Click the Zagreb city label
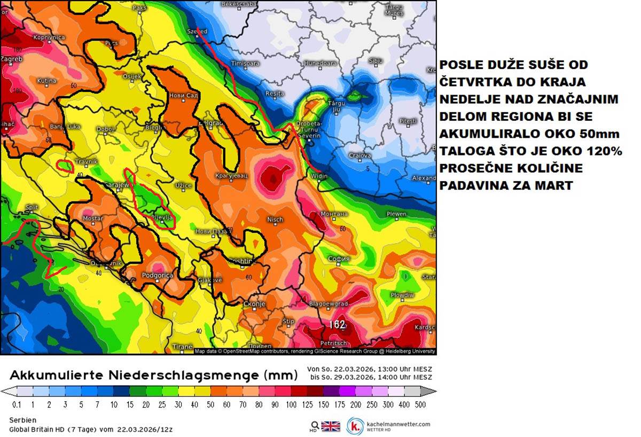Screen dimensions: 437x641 coord(11,59)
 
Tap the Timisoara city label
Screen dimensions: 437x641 coord(245,63)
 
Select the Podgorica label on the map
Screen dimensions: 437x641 coord(158,275)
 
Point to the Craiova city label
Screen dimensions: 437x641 coord(360,155)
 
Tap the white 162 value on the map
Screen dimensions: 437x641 coord(337,324)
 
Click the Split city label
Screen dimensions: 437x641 coord(32,207)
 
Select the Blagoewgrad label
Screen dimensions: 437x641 coord(329,304)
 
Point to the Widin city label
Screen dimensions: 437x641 coord(319,176)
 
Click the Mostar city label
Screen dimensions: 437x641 coord(93,219)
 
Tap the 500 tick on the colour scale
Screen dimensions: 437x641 coord(420,404)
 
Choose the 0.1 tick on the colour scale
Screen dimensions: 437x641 coord(16,404)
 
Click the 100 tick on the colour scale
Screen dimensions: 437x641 coord(292,404)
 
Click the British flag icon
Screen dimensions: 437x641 coord(331,426)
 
